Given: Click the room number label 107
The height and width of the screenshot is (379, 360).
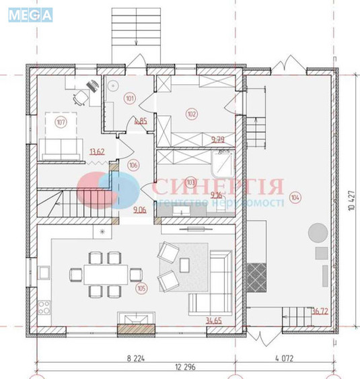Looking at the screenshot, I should [61, 123].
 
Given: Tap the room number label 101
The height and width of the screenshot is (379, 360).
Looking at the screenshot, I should [129, 98].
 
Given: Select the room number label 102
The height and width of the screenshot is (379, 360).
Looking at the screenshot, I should [192, 114].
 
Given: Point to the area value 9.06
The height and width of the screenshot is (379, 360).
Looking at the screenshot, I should [140, 210].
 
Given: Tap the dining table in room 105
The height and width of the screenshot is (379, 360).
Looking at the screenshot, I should [105, 273].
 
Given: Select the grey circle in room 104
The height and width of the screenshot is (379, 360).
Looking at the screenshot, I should [317, 234].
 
